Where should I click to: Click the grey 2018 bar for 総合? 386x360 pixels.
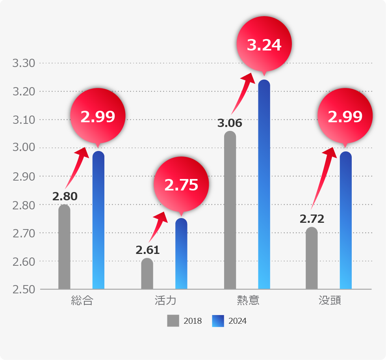(x=64, y=247)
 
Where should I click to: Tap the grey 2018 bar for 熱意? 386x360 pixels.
(x=230, y=210)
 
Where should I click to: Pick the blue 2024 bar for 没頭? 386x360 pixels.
(x=346, y=220)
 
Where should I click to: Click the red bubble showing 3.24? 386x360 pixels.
(x=264, y=45)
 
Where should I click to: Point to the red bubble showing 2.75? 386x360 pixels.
(x=181, y=185)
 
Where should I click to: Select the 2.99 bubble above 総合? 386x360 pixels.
(x=98, y=116)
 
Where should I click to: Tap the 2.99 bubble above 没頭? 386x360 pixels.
(x=345, y=116)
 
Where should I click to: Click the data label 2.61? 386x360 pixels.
(x=148, y=250)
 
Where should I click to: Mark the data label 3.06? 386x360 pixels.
(x=230, y=123)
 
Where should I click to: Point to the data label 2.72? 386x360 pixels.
(x=312, y=219)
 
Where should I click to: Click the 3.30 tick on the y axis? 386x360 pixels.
(x=24, y=63)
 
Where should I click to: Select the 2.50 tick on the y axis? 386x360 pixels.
(x=24, y=289)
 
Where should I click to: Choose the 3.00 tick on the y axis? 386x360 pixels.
(x=24, y=148)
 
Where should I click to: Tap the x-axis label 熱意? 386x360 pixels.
(x=248, y=301)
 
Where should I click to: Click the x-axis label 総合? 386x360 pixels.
(x=82, y=301)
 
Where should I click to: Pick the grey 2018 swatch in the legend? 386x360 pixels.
(x=173, y=321)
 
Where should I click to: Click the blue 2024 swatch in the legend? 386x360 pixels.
(x=218, y=321)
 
